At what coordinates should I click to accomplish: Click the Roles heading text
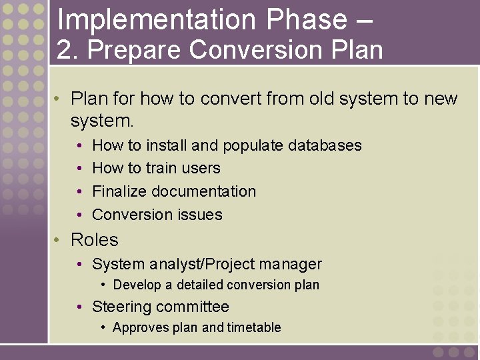point(94,240)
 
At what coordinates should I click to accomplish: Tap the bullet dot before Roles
point(58,240)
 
